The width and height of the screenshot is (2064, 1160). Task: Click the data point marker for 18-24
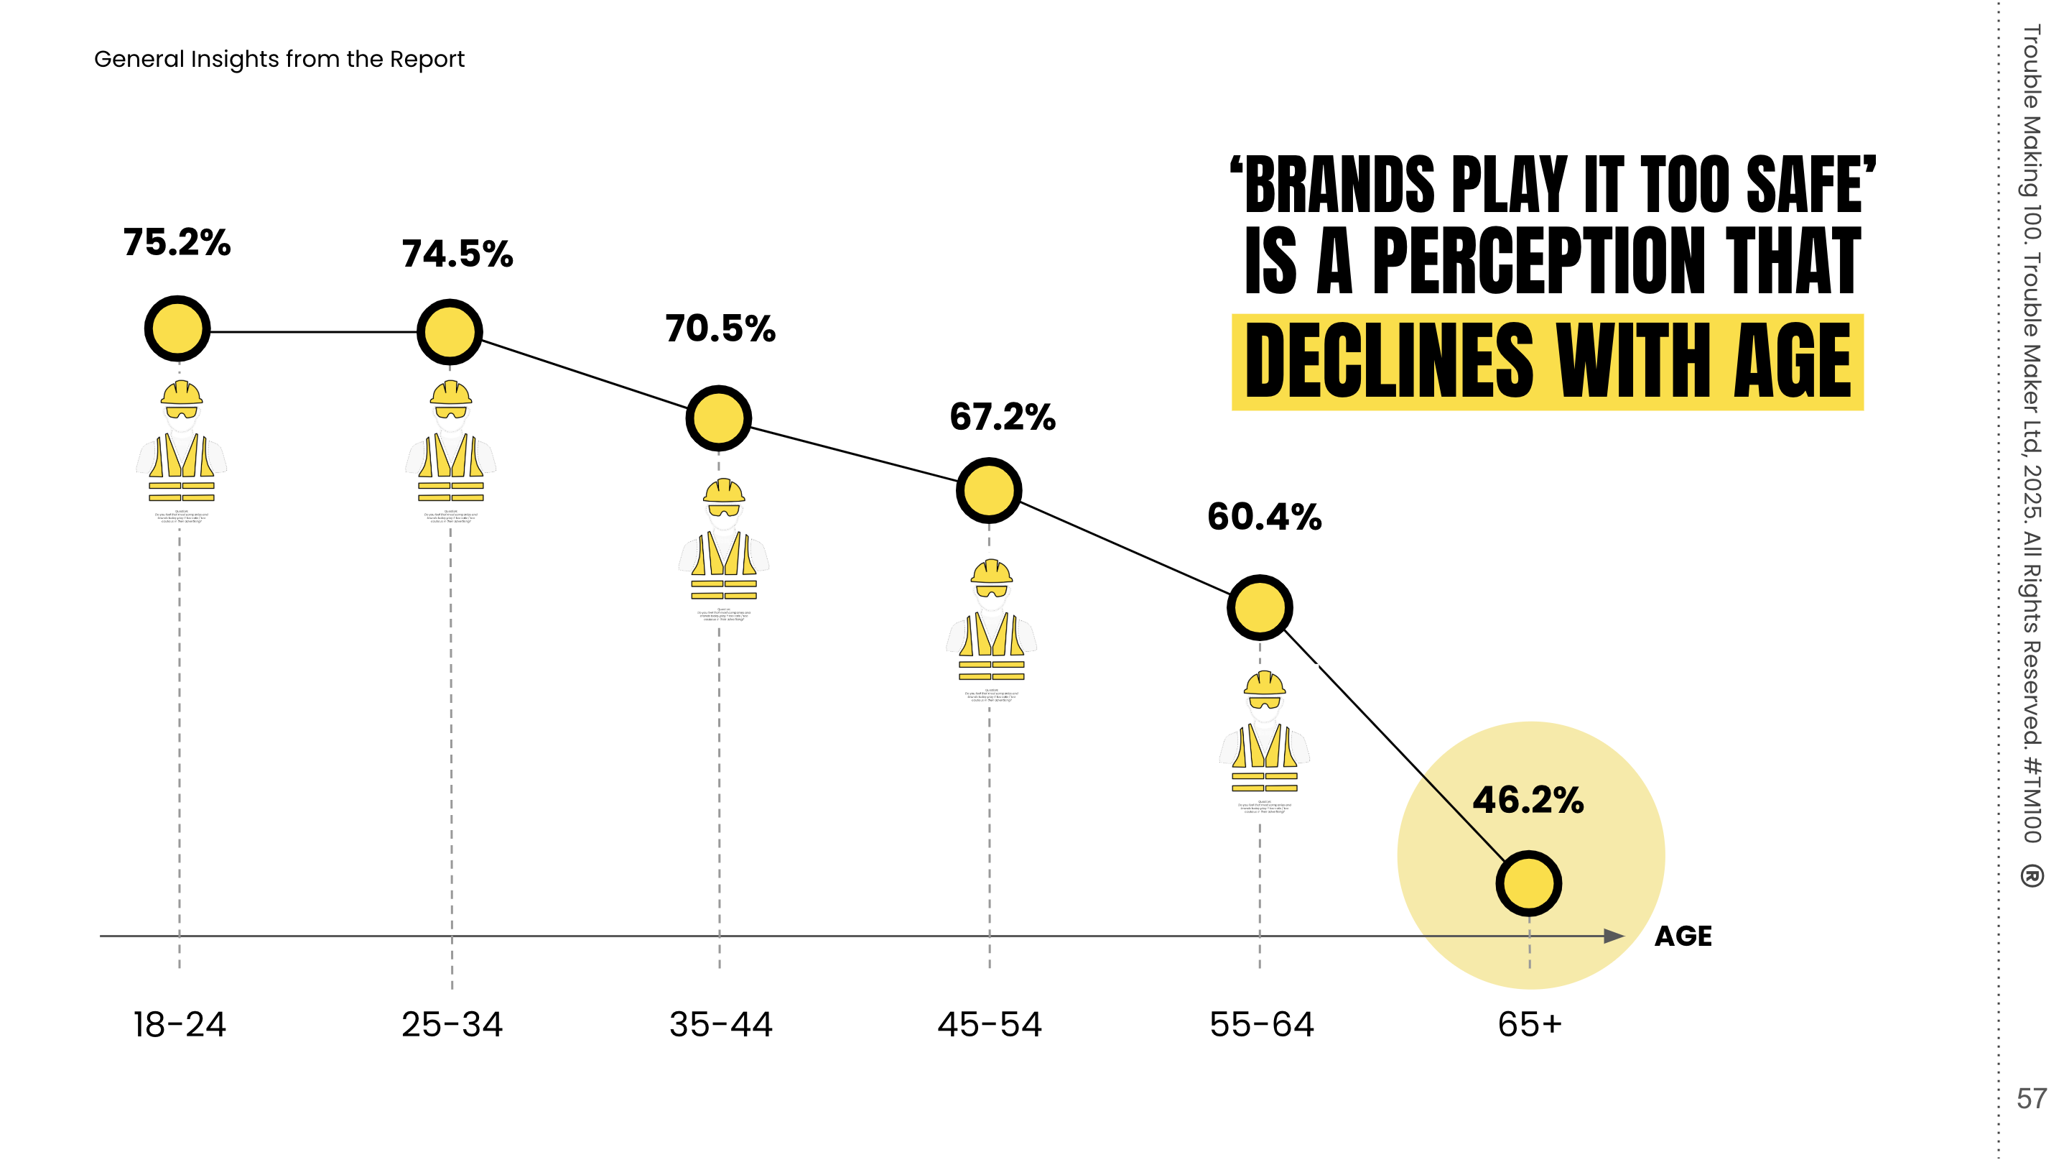coord(177,328)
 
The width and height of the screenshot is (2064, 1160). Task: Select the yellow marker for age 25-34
coord(450,332)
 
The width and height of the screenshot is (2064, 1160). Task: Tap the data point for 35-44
coord(719,418)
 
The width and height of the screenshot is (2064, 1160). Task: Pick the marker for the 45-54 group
coord(989,491)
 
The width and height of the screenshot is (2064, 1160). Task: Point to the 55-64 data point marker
coord(1260,607)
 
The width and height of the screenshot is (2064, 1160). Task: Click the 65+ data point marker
coord(1529,883)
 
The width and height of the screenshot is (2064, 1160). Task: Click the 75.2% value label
coord(177,242)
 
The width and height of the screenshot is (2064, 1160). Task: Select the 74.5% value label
coord(457,254)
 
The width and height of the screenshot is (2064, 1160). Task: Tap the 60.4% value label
coord(1265,517)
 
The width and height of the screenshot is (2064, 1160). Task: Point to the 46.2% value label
coord(1528,800)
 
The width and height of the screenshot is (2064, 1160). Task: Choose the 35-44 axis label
coord(720,1024)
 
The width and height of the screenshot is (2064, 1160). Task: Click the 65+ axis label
coord(1530,1024)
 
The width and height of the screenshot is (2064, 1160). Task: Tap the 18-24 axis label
coord(180,1024)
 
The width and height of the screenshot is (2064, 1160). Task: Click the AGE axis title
coord(1683,936)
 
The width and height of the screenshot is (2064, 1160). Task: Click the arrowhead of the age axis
coord(1614,936)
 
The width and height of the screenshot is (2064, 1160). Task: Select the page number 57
coord(2031,1098)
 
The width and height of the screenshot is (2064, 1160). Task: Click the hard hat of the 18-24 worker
coord(181,393)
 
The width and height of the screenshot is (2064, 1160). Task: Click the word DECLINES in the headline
coord(1388,362)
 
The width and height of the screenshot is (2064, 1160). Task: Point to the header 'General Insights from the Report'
coord(279,60)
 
